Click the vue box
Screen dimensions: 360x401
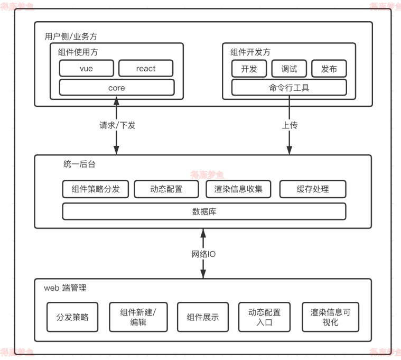[x=86, y=68]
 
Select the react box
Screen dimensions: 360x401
[x=146, y=68]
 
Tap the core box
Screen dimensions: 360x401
[x=116, y=87]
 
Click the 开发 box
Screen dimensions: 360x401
[x=249, y=69]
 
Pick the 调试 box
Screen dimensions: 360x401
[x=289, y=69]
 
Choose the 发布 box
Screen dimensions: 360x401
[x=329, y=69]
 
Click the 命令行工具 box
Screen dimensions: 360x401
[x=289, y=87]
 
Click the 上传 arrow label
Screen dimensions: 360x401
[x=290, y=125]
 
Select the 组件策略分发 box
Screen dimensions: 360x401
[x=96, y=189]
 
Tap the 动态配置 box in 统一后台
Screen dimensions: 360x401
[x=166, y=189]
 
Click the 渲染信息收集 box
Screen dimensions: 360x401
[x=238, y=189]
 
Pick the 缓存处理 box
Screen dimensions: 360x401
[x=313, y=189]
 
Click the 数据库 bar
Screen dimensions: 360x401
[x=204, y=211]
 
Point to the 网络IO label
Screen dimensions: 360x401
[x=203, y=254]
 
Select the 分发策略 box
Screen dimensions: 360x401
[x=72, y=317]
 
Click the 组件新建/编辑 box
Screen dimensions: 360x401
[x=138, y=317]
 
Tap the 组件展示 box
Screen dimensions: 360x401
[x=203, y=317]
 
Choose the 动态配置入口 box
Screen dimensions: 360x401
[x=264, y=317]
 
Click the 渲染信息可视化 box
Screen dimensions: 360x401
[x=330, y=317]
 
